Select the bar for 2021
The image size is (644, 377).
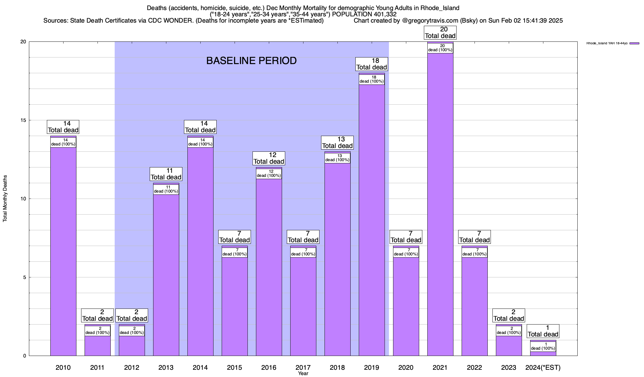point(440,204)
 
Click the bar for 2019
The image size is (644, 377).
point(371,220)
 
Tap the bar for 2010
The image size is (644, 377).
point(63,251)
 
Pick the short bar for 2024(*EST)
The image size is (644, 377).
point(543,353)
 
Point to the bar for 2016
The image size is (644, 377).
point(269,267)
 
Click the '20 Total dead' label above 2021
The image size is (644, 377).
point(440,33)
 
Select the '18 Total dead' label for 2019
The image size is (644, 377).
point(371,64)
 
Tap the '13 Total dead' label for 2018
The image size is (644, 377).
point(337,143)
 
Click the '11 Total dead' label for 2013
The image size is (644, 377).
point(166,174)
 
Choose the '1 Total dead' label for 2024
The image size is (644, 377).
point(543,331)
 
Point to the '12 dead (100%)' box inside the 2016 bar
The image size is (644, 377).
point(269,174)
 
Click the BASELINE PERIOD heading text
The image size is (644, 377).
point(251,61)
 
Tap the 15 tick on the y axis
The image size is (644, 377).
point(24,120)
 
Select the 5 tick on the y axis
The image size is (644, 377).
point(25,277)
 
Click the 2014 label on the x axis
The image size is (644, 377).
point(200,367)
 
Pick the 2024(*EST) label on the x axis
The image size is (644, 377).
point(543,367)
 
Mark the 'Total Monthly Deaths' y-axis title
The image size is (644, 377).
point(5,199)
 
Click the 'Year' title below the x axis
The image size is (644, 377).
point(303,374)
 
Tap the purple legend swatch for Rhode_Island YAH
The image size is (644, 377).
point(634,43)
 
